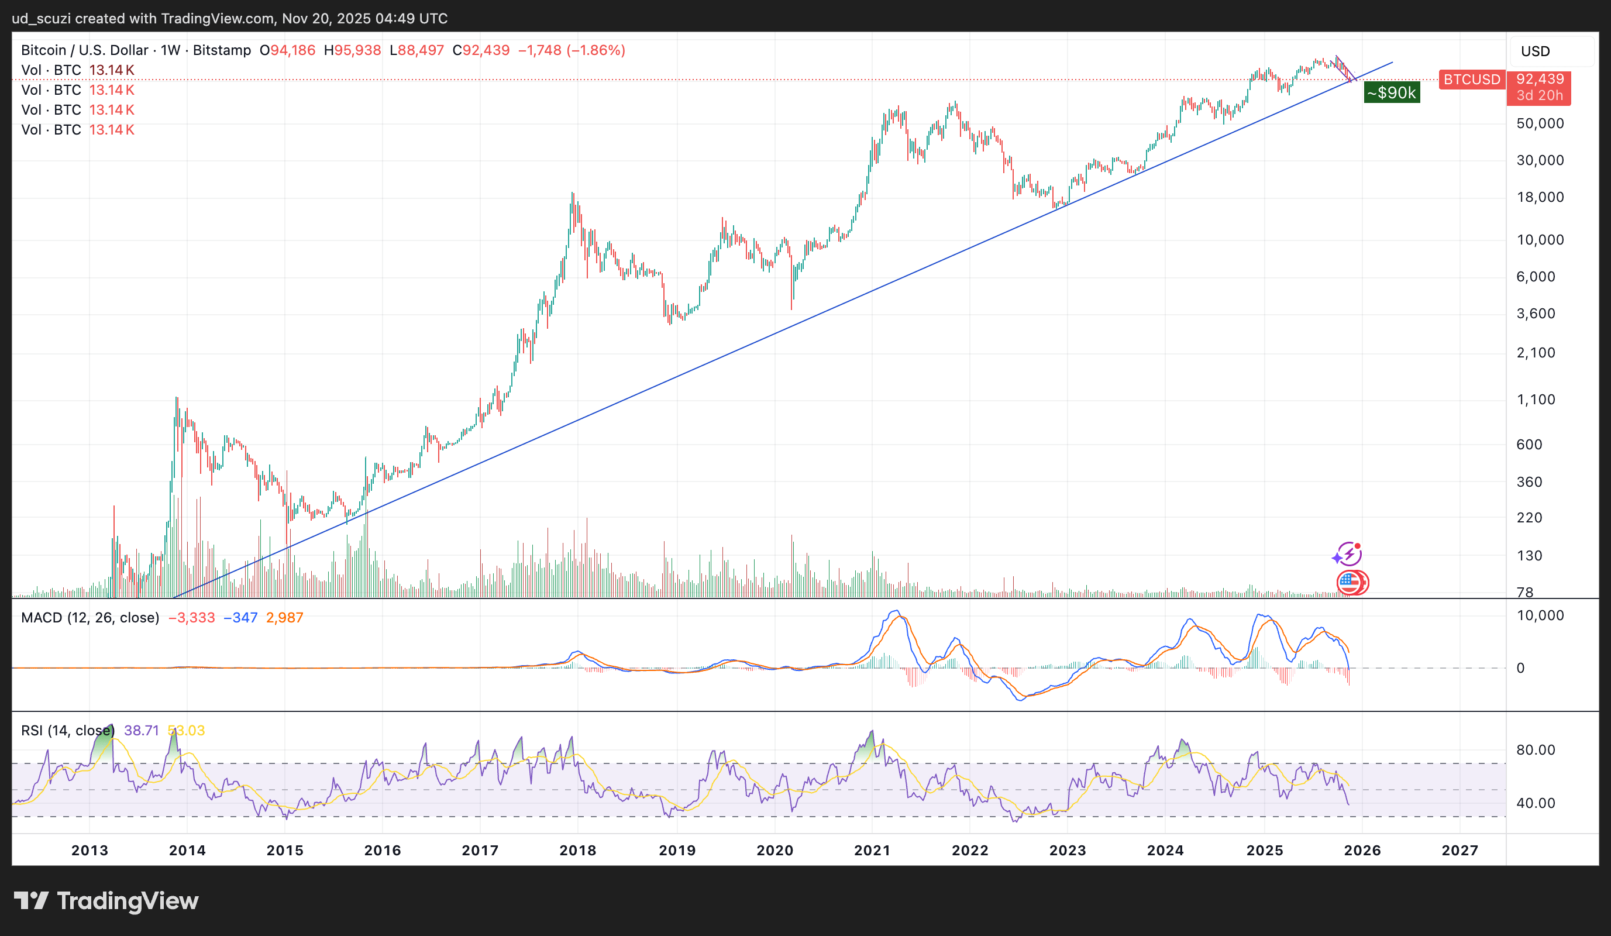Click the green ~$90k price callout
tap(1391, 92)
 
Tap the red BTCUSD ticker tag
tap(1472, 80)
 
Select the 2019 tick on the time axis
tap(677, 851)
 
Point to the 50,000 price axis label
tap(1540, 123)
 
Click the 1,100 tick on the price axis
tap(1536, 400)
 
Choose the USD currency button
tap(1535, 51)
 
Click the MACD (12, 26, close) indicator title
tap(90, 618)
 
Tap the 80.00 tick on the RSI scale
tap(1536, 750)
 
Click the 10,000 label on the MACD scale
tap(1540, 615)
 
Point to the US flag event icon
tap(1350, 583)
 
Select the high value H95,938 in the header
tap(352, 50)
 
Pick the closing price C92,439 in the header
tap(481, 50)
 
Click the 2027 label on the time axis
tap(1460, 851)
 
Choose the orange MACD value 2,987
tap(284, 618)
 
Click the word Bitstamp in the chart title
tap(222, 50)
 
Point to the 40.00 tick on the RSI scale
tap(1536, 803)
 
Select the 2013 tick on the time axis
tap(89, 851)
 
